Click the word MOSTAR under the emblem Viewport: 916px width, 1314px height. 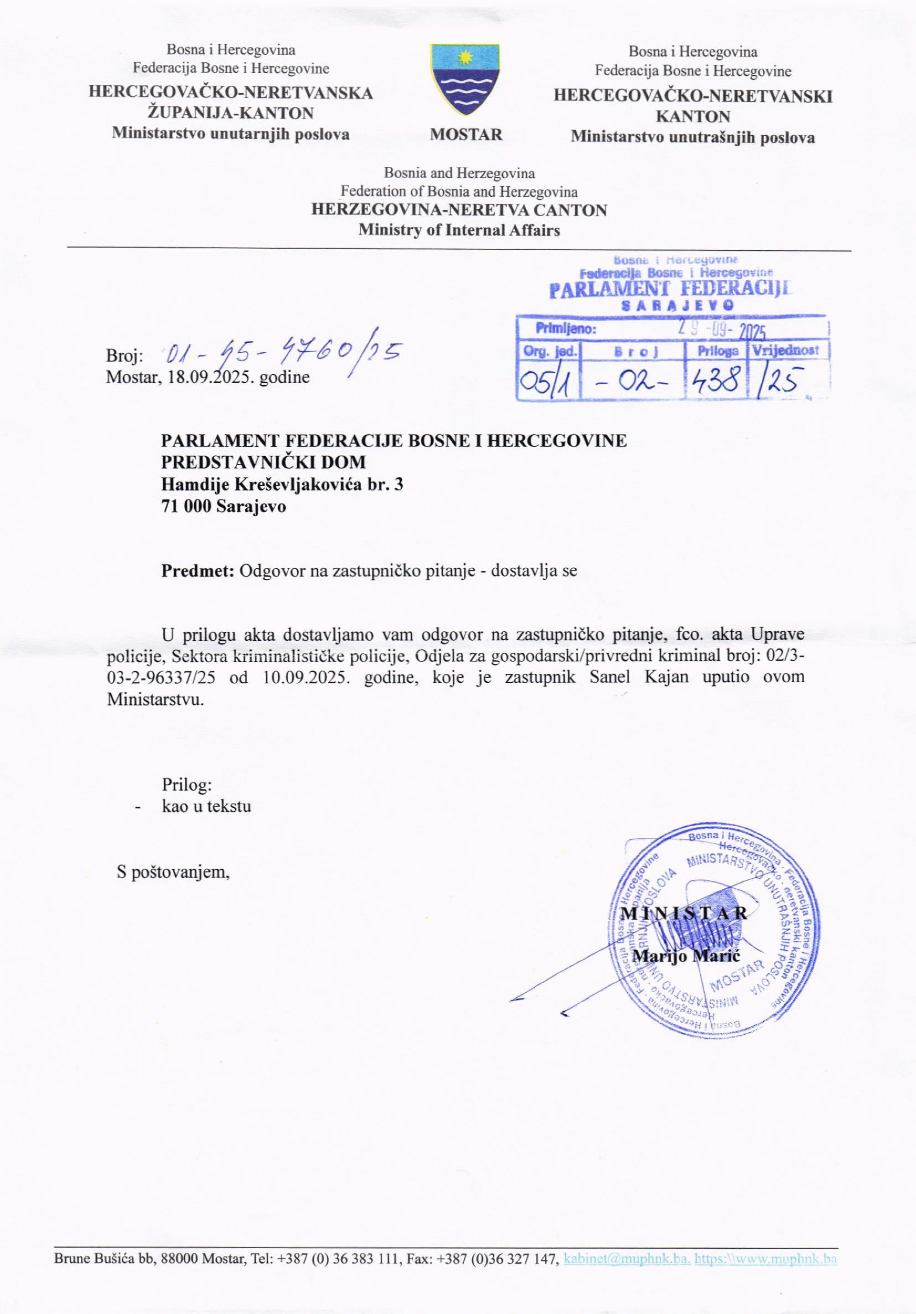pyautogui.click(x=466, y=135)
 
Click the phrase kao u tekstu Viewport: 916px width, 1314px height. pyautogui.click(x=207, y=806)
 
